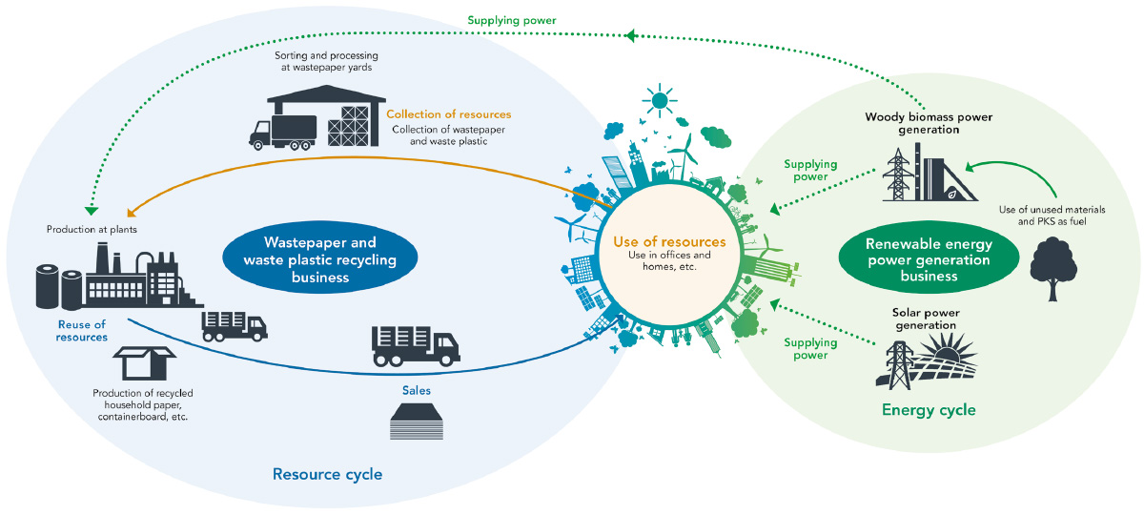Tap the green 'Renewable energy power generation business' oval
929,257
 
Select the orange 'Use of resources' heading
669,241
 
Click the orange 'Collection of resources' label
448,113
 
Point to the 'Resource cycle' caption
327,474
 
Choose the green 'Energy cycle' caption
929,410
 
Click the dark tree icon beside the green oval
1053,268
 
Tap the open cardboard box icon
145,362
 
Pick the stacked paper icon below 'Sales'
417,421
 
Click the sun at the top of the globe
660,100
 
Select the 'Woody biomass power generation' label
929,123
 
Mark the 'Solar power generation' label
926,319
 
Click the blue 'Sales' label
417,390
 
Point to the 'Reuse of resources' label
82,331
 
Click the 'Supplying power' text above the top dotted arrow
512,20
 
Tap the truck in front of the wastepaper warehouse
282,133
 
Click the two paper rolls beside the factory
59,287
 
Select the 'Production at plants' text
92,230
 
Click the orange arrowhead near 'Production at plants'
132,213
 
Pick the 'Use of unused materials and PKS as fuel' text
1052,216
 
